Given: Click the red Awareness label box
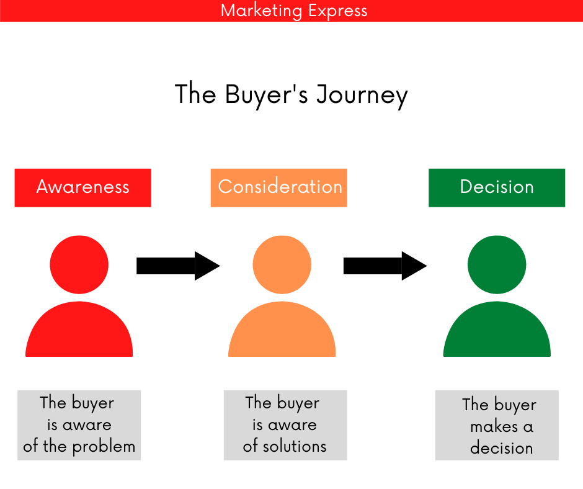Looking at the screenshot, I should click(82, 187).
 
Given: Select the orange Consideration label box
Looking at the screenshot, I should click(279, 187).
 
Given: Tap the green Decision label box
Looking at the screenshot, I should click(497, 187).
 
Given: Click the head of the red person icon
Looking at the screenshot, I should click(79, 265).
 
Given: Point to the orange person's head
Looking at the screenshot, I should click(282, 265).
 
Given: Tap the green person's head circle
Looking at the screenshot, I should click(497, 265).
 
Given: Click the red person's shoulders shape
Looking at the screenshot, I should click(79, 332).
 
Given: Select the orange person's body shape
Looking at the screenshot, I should click(282, 332).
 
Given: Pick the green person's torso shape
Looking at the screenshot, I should click(497, 332).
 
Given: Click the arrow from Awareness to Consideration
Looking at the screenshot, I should click(177, 266).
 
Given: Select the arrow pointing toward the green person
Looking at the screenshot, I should click(385, 266).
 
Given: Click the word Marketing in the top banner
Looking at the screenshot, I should click(257, 11).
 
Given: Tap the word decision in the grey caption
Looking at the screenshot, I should click(502, 448).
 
